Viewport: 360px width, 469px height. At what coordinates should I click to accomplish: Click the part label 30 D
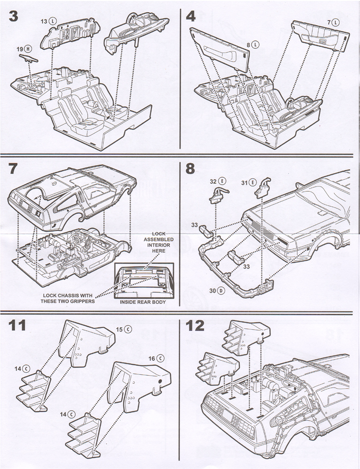tap(217, 291)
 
